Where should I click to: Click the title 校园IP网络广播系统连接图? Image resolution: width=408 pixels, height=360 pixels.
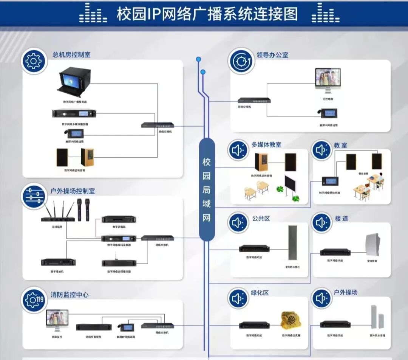(x=207, y=14)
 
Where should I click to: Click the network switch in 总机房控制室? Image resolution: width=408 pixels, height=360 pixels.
(x=158, y=125)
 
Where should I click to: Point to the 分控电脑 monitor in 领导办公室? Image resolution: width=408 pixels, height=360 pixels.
(x=328, y=81)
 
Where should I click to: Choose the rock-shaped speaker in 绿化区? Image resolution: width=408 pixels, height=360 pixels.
(x=291, y=320)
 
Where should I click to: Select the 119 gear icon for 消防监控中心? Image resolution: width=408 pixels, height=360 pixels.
(x=34, y=299)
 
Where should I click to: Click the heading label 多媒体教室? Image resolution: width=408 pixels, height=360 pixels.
(x=266, y=144)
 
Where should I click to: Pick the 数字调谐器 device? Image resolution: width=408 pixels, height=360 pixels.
(x=119, y=219)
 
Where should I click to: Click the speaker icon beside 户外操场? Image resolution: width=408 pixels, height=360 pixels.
(x=321, y=298)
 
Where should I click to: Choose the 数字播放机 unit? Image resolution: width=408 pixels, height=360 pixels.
(x=58, y=262)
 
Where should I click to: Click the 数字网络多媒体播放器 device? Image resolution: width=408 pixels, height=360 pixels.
(x=74, y=113)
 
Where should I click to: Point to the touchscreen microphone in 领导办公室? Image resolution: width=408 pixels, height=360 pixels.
(x=329, y=113)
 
